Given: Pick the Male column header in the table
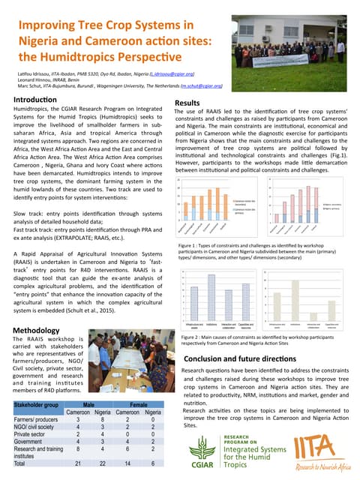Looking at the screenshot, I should click(88, 404).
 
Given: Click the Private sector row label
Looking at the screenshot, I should click(30, 433).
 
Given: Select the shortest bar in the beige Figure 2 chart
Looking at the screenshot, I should click(313, 319).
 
